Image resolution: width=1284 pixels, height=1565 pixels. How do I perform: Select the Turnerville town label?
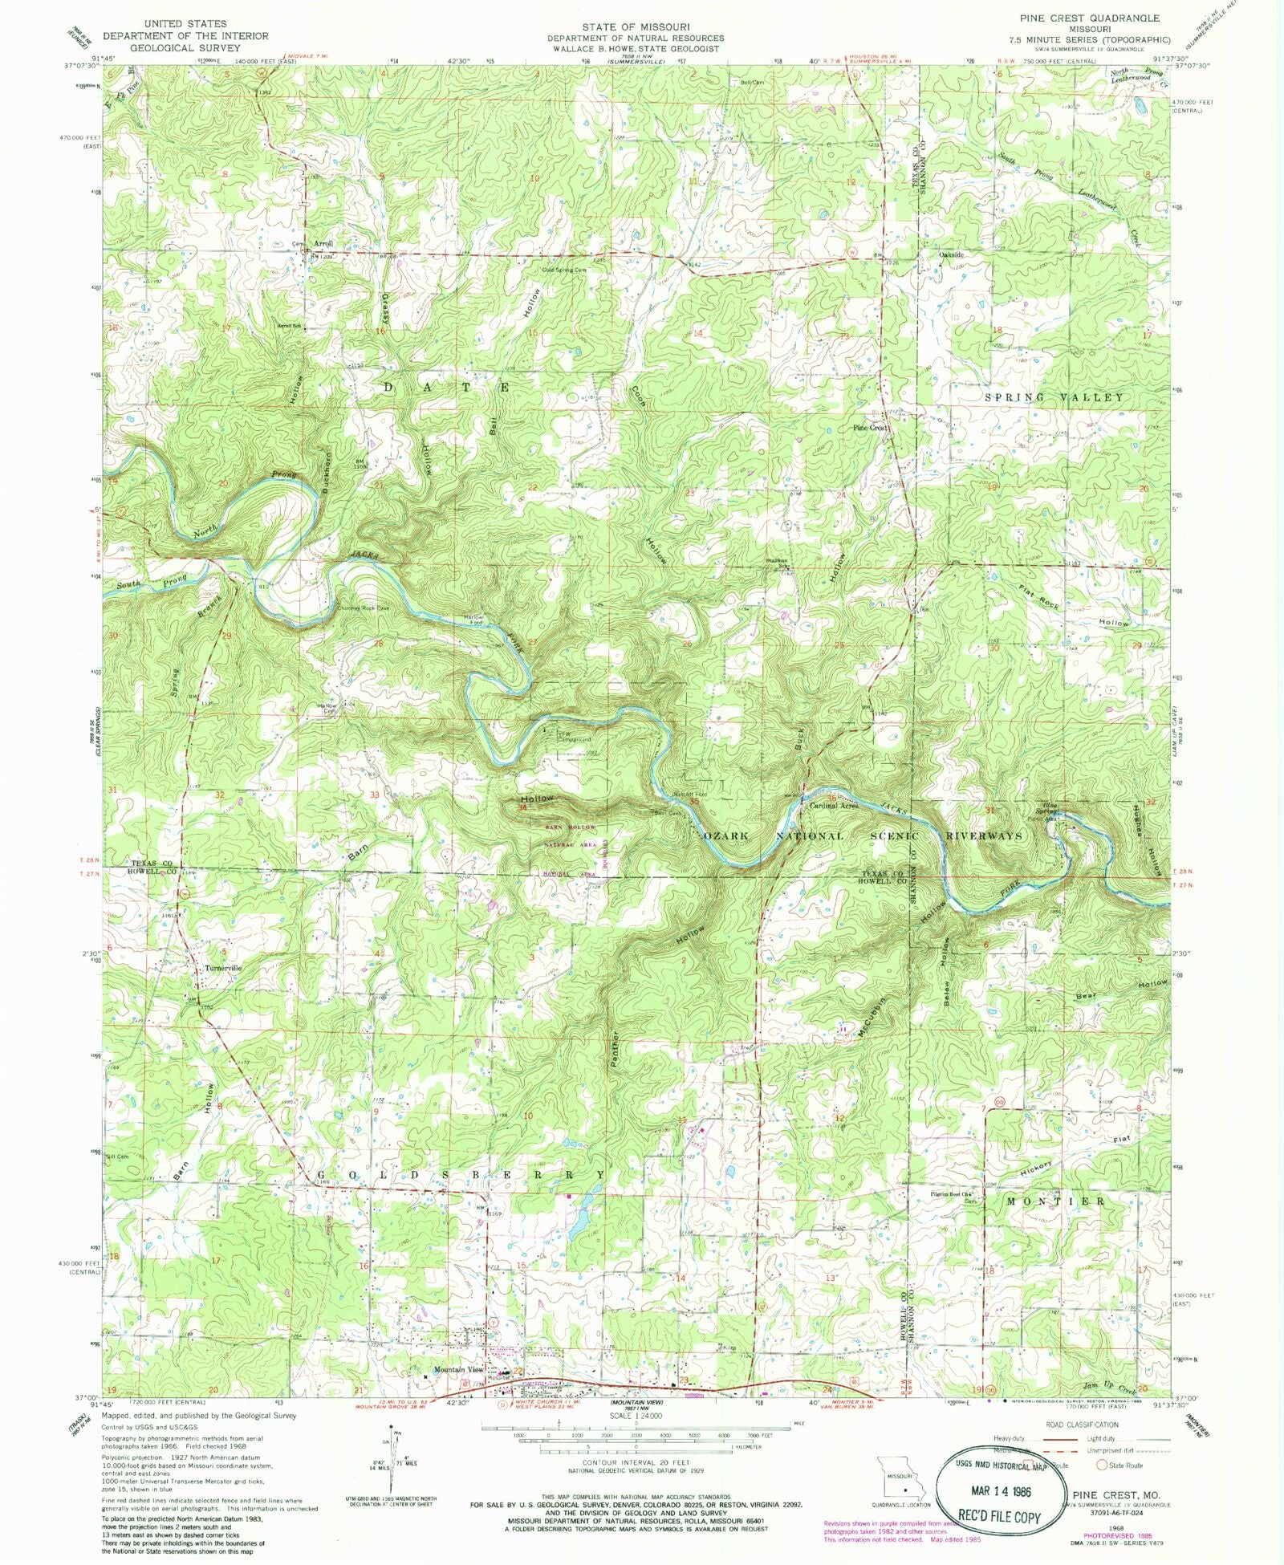223,968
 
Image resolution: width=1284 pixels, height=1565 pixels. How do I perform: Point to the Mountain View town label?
458,1369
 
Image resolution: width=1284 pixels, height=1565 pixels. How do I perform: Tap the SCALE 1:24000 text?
636,1417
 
